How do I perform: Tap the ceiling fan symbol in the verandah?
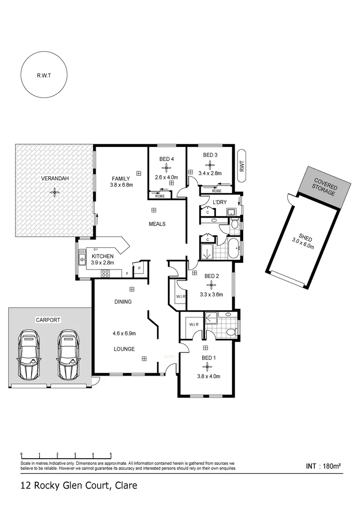[x=55, y=191]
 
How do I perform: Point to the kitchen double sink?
[x=82, y=258]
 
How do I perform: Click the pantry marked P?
[x=139, y=269]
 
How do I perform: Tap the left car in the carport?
[x=29, y=354]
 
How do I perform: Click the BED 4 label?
[x=166, y=159]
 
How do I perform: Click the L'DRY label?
[x=220, y=202]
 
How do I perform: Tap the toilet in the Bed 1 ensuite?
[x=230, y=332]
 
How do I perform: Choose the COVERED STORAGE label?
[x=325, y=187]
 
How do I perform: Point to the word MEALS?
[x=157, y=224]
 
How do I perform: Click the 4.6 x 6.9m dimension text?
[x=125, y=334]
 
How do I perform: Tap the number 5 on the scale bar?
[x=111, y=454]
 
